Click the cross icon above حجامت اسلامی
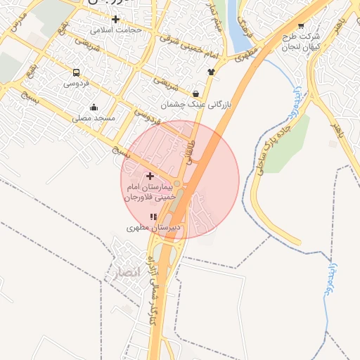[x=116, y=19]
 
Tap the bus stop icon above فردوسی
[x=76, y=72]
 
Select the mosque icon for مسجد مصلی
[x=94, y=108]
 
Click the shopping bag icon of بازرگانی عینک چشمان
[x=195, y=94]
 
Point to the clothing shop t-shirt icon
[x=210, y=72]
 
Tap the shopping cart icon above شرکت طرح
[x=302, y=25]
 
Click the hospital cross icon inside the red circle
[x=150, y=176]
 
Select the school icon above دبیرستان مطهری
[x=154, y=217]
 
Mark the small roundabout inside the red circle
[x=178, y=184]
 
